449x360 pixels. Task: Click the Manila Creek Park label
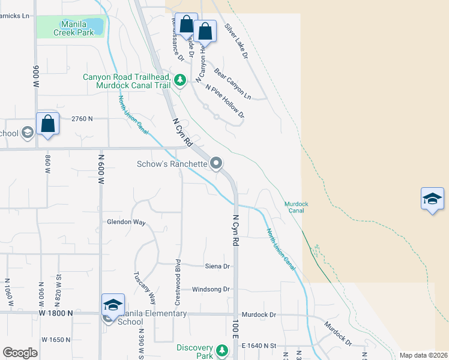point(77,28)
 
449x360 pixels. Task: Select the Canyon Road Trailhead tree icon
point(179,80)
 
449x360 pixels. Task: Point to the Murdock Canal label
point(296,208)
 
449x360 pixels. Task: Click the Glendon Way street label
point(126,222)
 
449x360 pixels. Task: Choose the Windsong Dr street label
point(211,289)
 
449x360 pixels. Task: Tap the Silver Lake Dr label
point(237,41)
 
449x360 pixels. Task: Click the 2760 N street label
point(82,119)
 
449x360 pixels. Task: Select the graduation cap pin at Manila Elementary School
point(113,305)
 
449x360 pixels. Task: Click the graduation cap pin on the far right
point(432,199)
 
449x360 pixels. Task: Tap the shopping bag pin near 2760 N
point(48,124)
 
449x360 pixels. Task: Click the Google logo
point(20,353)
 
